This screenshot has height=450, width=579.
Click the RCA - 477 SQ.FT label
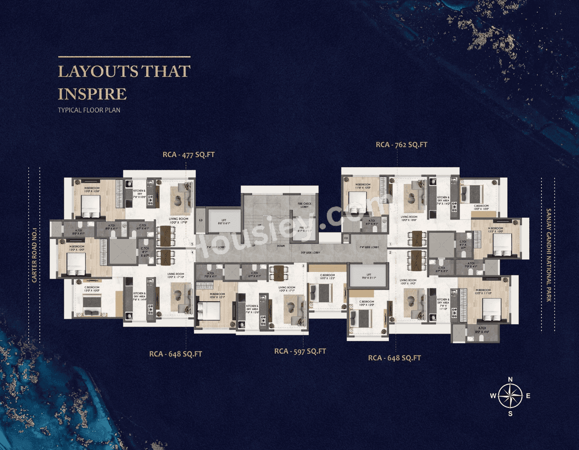[x=189, y=155]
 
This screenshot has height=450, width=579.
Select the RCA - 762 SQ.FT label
[x=402, y=145]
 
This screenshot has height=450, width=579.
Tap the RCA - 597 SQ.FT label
[x=300, y=351]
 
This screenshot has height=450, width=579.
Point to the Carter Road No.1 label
[x=34, y=255]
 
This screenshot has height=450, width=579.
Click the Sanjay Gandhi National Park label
[x=549, y=255]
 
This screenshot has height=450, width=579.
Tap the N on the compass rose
[x=510, y=379]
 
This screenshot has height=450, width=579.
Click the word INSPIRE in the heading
[x=92, y=94]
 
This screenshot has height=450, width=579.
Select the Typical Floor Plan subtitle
[x=89, y=110]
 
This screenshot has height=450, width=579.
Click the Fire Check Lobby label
[x=304, y=205]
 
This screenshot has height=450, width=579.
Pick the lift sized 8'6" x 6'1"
[x=224, y=222]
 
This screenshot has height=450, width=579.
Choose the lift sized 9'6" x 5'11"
[x=369, y=276]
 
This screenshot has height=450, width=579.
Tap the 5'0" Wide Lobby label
[x=311, y=252]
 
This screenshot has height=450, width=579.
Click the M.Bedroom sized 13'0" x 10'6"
[x=92, y=189]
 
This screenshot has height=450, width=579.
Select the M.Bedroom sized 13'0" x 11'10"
[x=483, y=292]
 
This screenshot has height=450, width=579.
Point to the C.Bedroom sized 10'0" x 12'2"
[x=327, y=277]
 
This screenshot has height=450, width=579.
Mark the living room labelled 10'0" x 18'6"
[x=409, y=218]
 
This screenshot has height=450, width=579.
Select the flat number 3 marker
[x=303, y=266]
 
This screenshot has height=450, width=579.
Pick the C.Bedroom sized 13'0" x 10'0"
[x=91, y=289]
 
